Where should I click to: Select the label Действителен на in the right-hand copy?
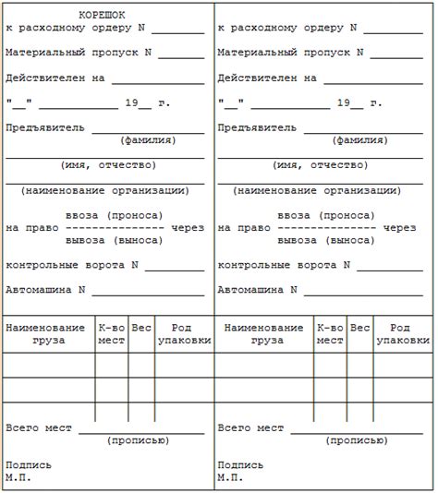pyautogui.click(x=267, y=78)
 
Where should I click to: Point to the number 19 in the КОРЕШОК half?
pyautogui.click(x=130, y=102)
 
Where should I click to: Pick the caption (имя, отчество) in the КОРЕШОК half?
pyautogui.click(x=108, y=165)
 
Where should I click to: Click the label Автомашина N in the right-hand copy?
pyautogui.click(x=258, y=289)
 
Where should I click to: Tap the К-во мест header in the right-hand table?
pyautogui.click(x=329, y=334)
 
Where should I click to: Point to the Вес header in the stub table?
pyautogui.click(x=141, y=328)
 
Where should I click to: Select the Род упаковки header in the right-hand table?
pyautogui.click(x=399, y=334)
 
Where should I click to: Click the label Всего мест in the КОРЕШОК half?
pyautogui.click(x=39, y=428)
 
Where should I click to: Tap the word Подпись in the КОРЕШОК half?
pyautogui.click(x=29, y=464)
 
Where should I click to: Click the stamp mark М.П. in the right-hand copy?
pyautogui.click(x=230, y=477)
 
